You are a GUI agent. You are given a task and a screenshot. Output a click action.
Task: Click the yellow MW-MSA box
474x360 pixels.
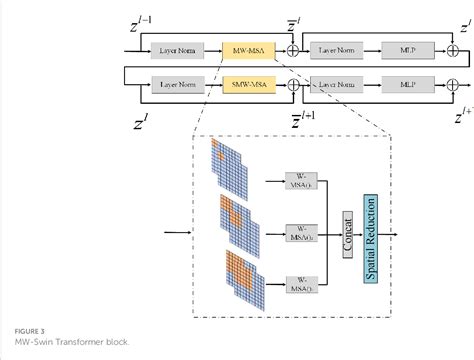pyautogui.click(x=246, y=48)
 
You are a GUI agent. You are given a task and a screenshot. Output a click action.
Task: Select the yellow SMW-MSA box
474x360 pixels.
pyautogui.click(x=246, y=87)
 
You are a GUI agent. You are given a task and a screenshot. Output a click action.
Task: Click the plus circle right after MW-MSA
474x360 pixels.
pyautogui.click(x=292, y=48)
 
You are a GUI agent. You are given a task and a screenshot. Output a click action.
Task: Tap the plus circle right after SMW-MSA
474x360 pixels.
pyautogui.click(x=292, y=87)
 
